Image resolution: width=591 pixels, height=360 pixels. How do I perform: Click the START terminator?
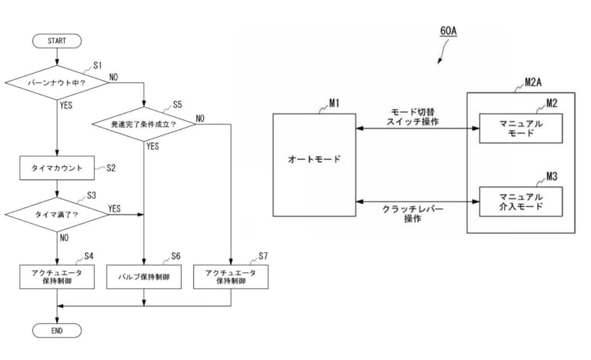tap(57, 40)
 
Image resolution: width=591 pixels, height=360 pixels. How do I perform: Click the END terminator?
tap(57, 330)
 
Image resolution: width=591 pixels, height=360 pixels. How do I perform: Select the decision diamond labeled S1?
tap(57, 80)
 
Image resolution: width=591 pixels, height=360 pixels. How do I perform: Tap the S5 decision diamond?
tap(144, 123)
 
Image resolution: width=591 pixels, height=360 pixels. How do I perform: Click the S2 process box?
tap(57, 166)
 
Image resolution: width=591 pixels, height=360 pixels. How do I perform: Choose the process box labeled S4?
tap(57, 276)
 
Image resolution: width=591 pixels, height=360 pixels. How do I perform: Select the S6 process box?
tap(144, 276)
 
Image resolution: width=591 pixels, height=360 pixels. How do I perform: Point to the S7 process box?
tap(231, 276)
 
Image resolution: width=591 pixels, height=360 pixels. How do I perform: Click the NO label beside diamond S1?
tap(114, 76)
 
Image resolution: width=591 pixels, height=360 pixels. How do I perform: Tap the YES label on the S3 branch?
tap(114, 208)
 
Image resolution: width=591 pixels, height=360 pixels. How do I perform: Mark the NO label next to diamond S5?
tap(200, 118)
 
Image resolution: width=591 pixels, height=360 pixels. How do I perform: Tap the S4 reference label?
tap(88, 255)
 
